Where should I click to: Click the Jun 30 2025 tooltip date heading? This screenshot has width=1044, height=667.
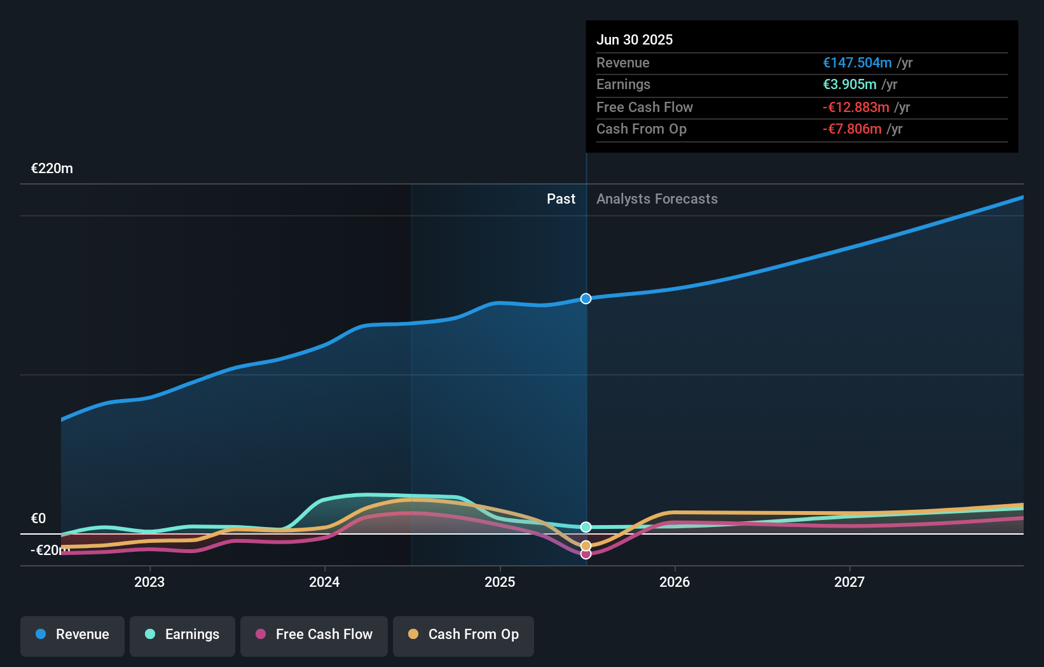coord(634,39)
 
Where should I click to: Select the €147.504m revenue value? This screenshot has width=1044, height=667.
coord(856,62)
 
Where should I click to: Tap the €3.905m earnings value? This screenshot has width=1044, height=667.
coord(849,85)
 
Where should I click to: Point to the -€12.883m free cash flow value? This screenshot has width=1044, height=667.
coord(856,107)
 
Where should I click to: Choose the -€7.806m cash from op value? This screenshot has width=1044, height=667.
coord(852,129)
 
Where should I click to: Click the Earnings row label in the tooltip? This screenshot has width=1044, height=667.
coord(623,85)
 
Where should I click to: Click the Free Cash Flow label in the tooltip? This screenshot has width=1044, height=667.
coord(644,107)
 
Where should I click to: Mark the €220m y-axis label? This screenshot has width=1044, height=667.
coord(52,169)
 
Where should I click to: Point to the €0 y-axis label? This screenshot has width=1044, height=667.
coord(39,518)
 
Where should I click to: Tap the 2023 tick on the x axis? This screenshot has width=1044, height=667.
coord(149,582)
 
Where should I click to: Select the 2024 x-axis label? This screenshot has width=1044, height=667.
coord(324,582)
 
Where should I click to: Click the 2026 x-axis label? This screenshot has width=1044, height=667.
coord(675,582)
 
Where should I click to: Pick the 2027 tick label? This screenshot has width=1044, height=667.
coord(849,582)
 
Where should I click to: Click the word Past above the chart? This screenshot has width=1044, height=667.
coord(561,199)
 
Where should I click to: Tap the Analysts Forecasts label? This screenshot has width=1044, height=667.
coord(657,199)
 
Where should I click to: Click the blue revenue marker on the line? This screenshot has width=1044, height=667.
coord(586,298)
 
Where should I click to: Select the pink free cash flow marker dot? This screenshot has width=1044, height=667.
coord(586,554)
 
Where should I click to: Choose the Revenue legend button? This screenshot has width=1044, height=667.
coord(72,635)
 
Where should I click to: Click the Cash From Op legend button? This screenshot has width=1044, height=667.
coord(464,635)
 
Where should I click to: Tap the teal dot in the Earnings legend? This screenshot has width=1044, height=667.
coord(150,634)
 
